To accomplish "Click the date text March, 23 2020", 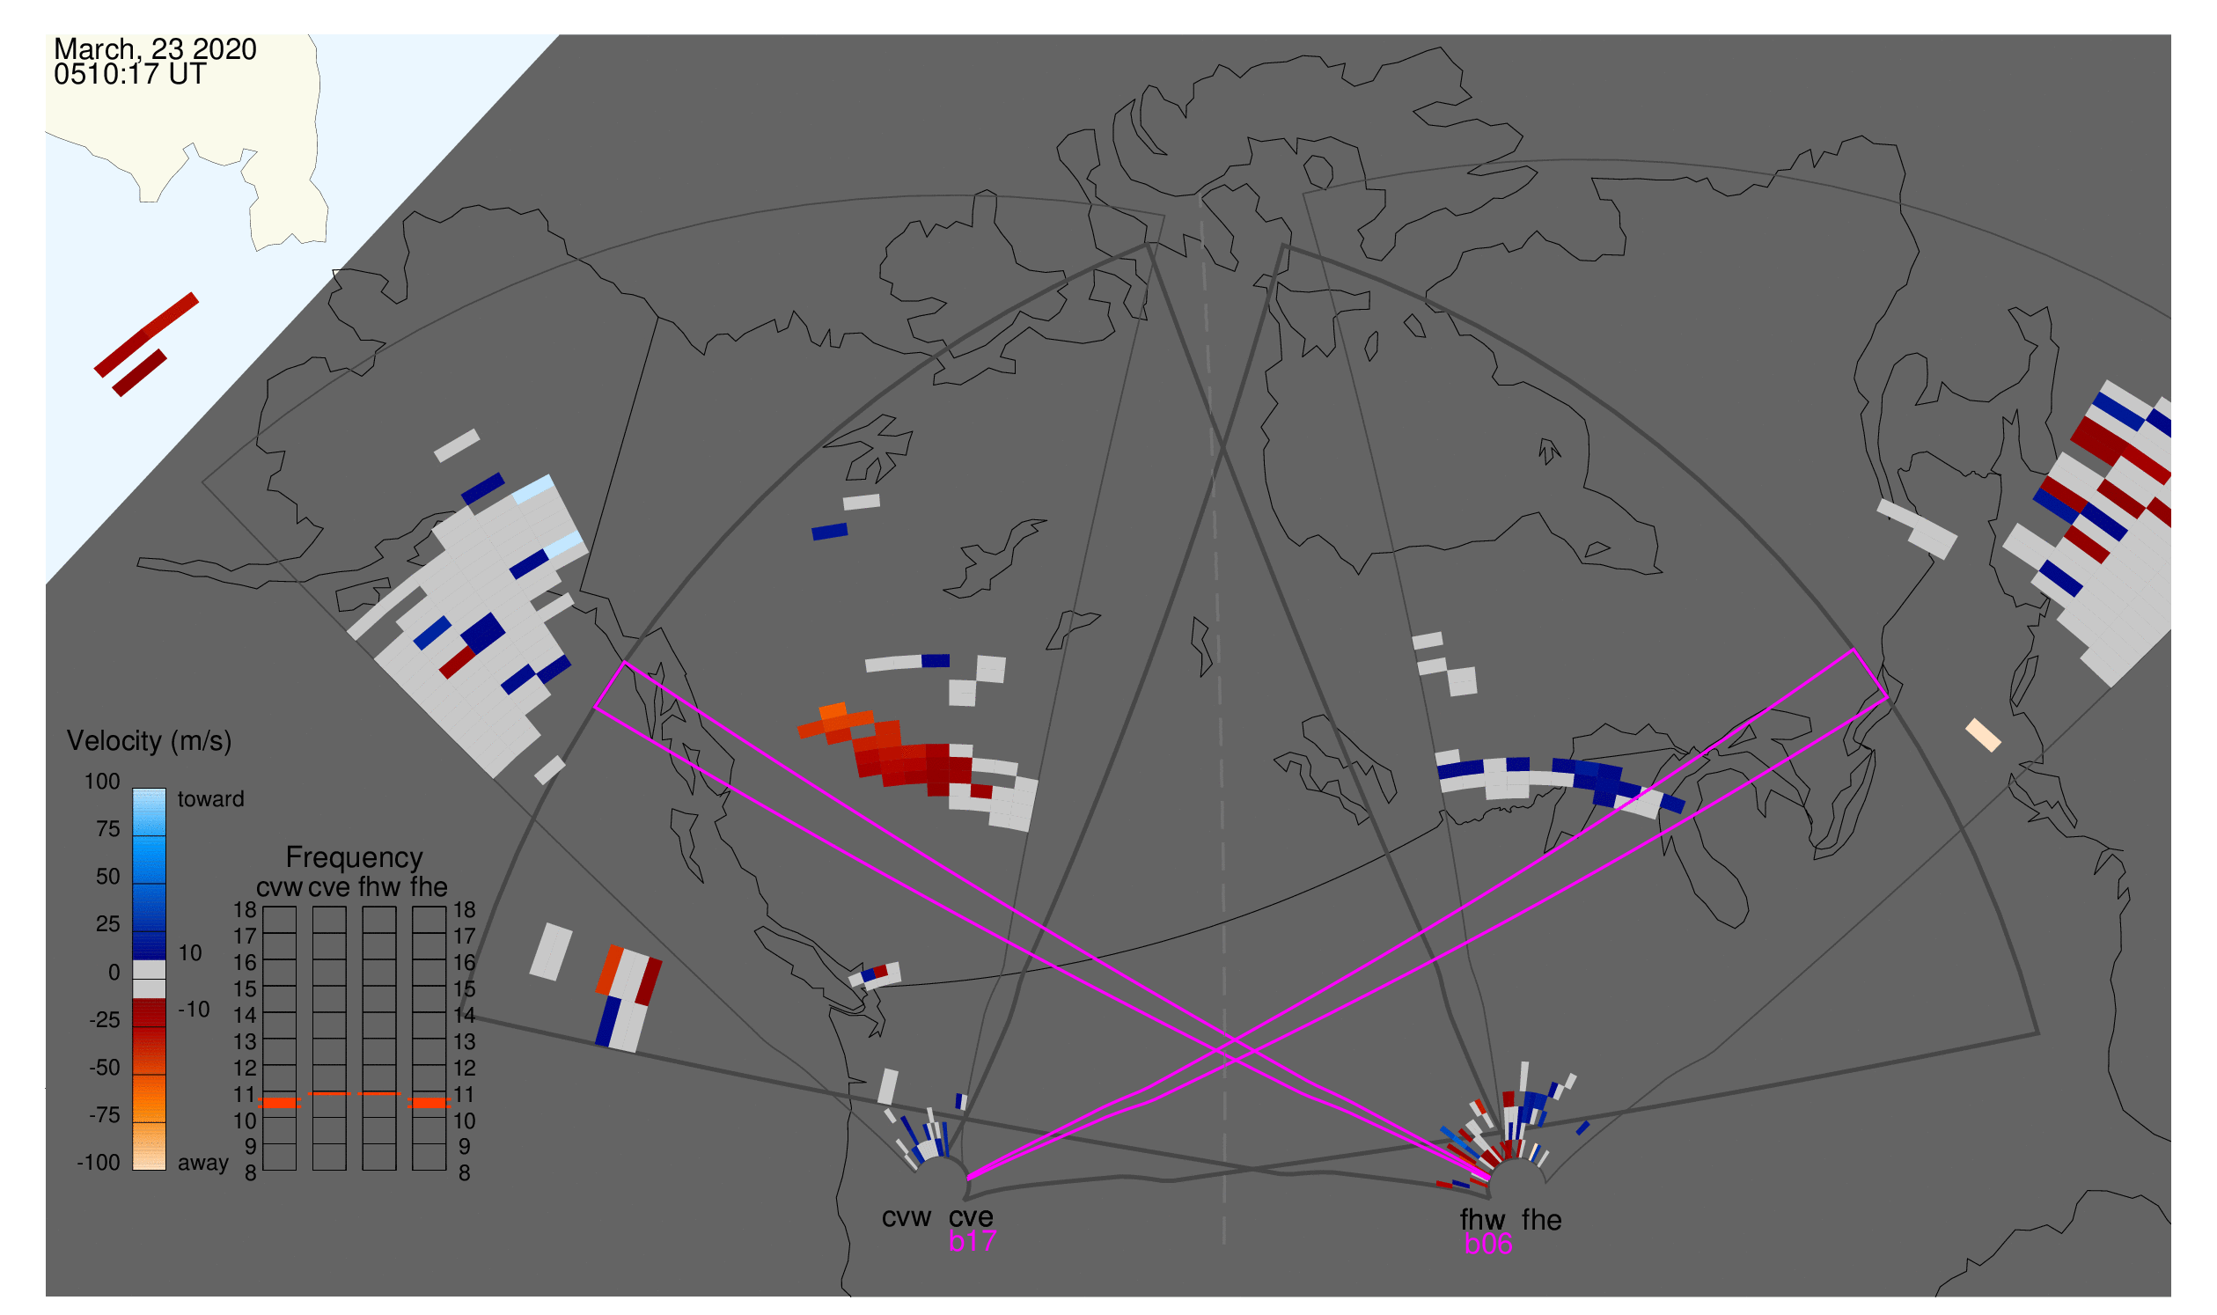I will [155, 49].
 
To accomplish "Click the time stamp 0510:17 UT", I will [129, 75].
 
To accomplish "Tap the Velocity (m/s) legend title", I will [149, 741].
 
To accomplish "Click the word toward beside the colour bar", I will [210, 799].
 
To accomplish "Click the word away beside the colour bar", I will [203, 1164].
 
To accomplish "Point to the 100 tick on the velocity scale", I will [102, 782].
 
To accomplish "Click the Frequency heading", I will [354, 857].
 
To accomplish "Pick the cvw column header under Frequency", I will [279, 887].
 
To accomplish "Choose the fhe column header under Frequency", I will [428, 887].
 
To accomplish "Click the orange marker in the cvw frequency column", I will [280, 1103].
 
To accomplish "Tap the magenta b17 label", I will [971, 1241].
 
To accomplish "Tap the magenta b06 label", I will [1487, 1244].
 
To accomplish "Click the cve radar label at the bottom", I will [970, 1217].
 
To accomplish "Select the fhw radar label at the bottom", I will [1482, 1220].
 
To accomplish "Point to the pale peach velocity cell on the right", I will [1983, 736].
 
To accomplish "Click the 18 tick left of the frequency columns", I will [245, 910].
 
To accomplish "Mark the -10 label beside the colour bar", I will [193, 1010].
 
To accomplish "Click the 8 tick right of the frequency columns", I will [464, 1173].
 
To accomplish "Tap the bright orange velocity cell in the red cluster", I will [833, 711].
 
